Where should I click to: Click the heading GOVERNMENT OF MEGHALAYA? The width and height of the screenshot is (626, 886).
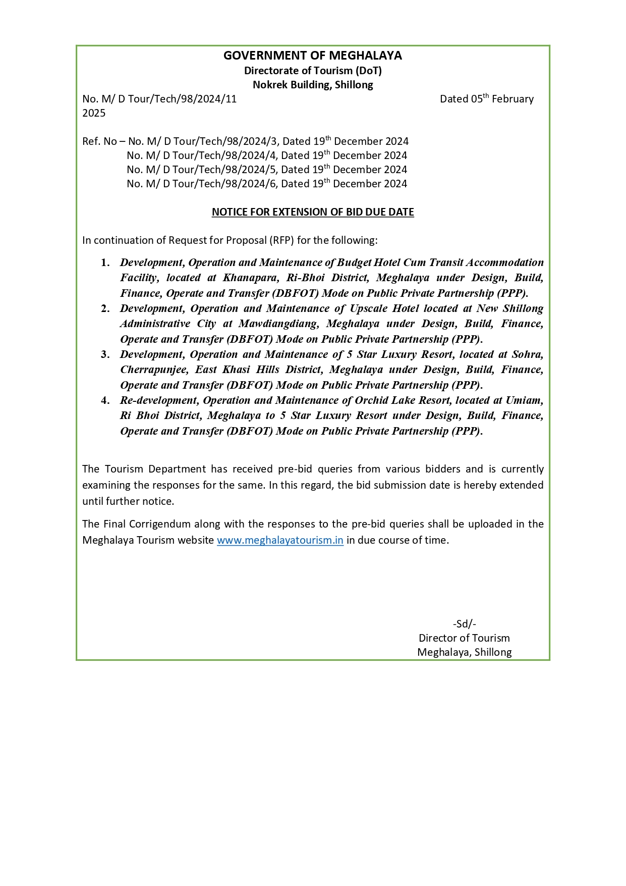pyautogui.click(x=313, y=56)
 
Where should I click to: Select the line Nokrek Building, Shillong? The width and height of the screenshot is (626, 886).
pyautogui.click(x=313, y=85)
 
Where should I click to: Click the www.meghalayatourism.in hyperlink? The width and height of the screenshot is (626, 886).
pyautogui.click(x=280, y=540)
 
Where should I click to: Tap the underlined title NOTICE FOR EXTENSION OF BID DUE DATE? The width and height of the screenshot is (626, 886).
pyautogui.click(x=313, y=212)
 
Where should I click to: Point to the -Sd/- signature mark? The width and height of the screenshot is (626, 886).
pyautogui.click(x=464, y=624)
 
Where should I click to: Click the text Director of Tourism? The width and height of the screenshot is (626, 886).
pyautogui.click(x=464, y=638)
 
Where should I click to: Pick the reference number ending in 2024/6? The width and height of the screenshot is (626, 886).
pyautogui.click(x=202, y=184)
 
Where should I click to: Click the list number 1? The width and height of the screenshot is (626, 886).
pyautogui.click(x=105, y=263)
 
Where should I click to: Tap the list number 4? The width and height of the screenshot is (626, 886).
pyautogui.click(x=105, y=400)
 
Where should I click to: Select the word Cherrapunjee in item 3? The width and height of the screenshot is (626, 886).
pyautogui.click(x=153, y=370)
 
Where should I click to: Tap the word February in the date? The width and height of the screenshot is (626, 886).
pyautogui.click(x=513, y=99)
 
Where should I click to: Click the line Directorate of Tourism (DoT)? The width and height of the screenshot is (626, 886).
pyautogui.click(x=313, y=71)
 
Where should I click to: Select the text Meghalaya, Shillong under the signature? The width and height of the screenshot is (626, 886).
pyautogui.click(x=464, y=652)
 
